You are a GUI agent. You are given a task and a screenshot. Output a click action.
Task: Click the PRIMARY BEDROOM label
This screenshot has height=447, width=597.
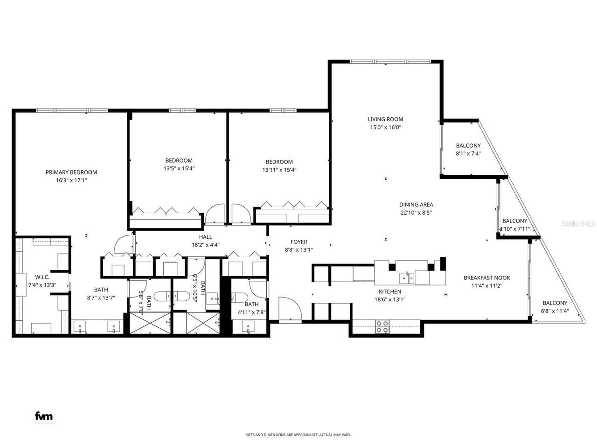point(71,172)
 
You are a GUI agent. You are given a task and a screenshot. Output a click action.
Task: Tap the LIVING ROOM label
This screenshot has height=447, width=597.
point(385,119)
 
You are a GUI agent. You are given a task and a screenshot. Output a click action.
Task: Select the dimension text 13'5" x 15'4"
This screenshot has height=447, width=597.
point(179,169)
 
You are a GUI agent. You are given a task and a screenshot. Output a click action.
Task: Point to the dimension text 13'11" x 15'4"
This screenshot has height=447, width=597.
point(279,170)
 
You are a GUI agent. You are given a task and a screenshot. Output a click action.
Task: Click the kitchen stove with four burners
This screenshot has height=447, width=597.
point(382,326)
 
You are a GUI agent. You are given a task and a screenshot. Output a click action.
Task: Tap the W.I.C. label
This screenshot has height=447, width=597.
point(42,277)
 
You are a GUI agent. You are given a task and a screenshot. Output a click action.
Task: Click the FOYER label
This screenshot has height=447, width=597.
point(298,242)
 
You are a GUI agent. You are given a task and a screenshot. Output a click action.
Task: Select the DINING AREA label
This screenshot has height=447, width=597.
point(416,204)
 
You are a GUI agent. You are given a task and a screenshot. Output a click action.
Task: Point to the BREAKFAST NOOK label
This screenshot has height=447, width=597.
point(483,278)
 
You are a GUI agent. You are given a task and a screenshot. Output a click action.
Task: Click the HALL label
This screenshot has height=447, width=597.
point(205,237)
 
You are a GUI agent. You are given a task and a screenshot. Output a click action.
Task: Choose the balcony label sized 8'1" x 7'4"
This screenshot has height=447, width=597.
point(468,146)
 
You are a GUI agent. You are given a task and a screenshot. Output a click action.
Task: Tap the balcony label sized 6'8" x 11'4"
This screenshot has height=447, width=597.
point(554,303)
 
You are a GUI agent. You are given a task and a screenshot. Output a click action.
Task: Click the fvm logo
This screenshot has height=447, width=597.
point(44,416)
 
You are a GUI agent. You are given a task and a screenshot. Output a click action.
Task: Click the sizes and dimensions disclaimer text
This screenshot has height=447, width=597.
point(298,435)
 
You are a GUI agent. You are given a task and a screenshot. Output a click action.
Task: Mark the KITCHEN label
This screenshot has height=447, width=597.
point(390,291)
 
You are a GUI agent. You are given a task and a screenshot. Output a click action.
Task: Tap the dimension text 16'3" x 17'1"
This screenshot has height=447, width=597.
point(71,180)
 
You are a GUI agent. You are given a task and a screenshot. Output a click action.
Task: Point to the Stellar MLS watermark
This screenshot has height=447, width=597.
point(578,223)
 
